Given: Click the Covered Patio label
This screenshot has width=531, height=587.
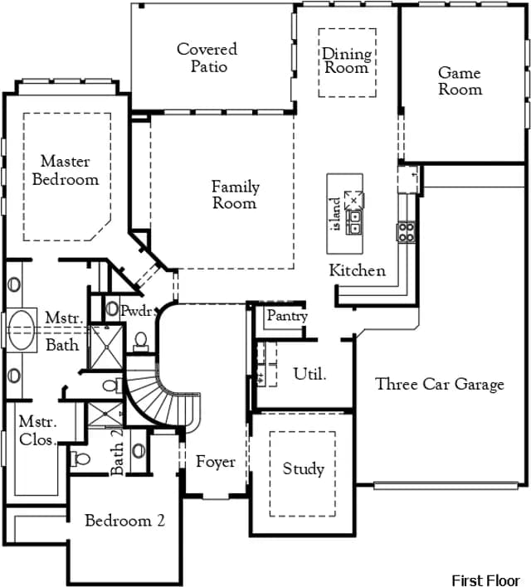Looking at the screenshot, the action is [x=207, y=58].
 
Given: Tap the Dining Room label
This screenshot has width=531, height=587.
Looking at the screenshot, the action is [x=347, y=61].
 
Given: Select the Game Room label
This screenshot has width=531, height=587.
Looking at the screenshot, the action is [x=460, y=81].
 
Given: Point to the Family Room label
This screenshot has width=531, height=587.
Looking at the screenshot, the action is [x=236, y=195].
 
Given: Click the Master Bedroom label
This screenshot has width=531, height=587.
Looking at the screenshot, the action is [x=66, y=170].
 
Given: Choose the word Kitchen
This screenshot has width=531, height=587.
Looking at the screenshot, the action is [x=357, y=270].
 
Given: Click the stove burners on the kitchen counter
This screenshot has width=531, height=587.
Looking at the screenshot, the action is [x=407, y=232].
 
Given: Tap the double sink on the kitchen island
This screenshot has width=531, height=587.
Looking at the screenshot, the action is [x=353, y=222].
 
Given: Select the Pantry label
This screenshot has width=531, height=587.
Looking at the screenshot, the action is [x=287, y=317].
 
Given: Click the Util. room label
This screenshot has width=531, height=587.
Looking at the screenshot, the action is [x=309, y=374].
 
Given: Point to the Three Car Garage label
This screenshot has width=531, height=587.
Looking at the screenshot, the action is [x=440, y=385].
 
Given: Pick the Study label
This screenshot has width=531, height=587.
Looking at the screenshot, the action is [x=303, y=469].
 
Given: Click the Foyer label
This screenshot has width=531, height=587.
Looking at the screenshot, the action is [x=216, y=462].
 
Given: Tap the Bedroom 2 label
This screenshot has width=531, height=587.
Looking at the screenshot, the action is [x=124, y=521].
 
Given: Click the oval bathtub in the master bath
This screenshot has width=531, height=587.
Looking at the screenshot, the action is [x=22, y=330].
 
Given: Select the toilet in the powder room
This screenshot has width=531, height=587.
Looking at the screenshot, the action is [x=141, y=342].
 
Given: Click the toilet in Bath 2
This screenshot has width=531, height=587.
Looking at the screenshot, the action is [x=80, y=458].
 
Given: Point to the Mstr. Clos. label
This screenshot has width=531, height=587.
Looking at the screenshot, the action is [x=38, y=430].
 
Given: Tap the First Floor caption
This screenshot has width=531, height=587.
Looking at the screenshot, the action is [x=485, y=580].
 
